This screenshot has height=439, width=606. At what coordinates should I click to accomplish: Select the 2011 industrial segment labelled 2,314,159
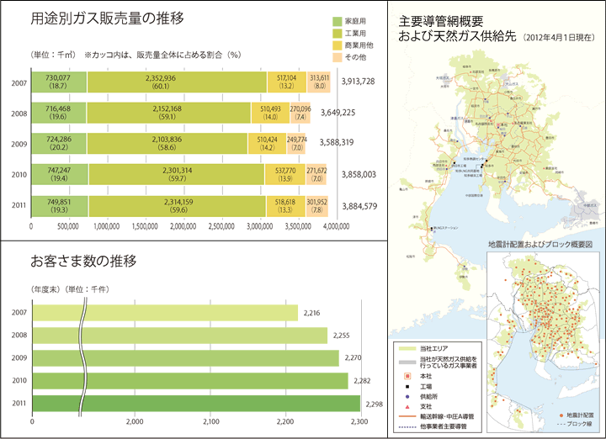[175, 204]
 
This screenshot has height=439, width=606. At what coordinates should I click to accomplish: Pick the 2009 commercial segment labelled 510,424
[267, 143]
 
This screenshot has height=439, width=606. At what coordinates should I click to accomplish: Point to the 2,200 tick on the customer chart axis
[286, 421]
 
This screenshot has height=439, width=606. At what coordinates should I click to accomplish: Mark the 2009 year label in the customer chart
[19, 358]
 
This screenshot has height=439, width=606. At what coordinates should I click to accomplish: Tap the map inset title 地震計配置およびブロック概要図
[541, 244]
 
